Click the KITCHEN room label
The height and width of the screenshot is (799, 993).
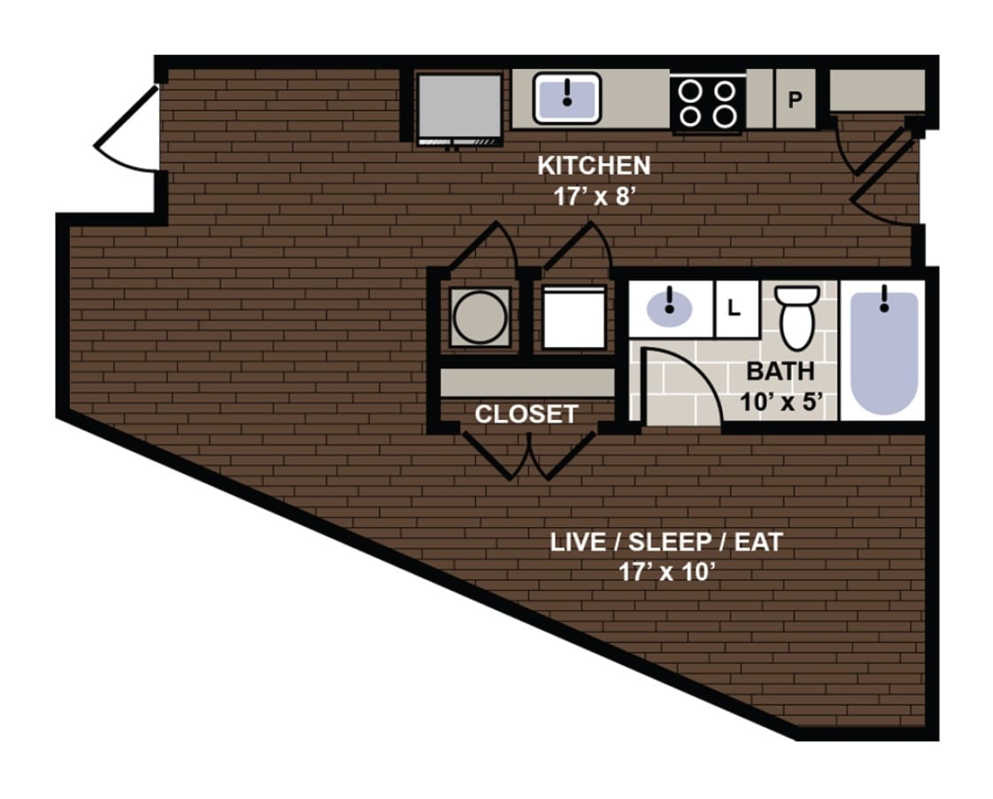593,166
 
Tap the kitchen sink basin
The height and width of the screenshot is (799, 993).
566,97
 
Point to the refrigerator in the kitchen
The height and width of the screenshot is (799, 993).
459,106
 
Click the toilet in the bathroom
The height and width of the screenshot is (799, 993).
797,317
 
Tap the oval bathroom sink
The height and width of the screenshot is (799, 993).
670,308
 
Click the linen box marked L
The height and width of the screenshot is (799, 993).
734,309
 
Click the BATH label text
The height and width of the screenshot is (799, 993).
780,371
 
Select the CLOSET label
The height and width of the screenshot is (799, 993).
526,414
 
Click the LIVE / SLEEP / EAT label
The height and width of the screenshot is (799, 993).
666,542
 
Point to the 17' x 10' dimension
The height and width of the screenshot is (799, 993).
666,572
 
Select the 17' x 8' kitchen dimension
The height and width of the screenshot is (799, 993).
594,196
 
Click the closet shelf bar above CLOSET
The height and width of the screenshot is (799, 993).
527,383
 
